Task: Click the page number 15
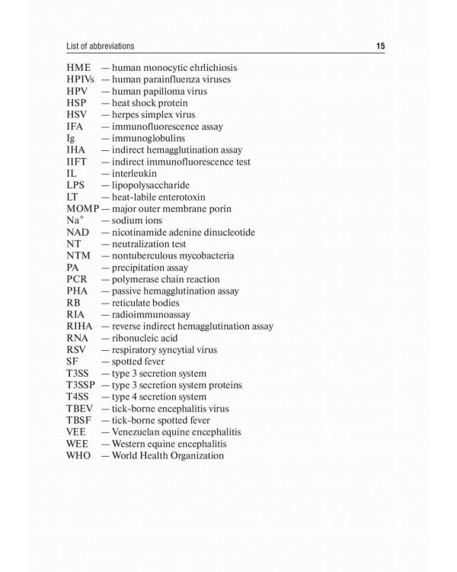(381, 47)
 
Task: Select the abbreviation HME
(78, 68)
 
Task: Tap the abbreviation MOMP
(83, 209)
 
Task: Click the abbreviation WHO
(78, 455)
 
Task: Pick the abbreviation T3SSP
(82, 385)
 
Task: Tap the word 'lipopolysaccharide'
(151, 185)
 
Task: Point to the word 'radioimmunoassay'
(151, 314)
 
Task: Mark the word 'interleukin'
(134, 173)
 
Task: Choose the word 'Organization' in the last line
(197, 455)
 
